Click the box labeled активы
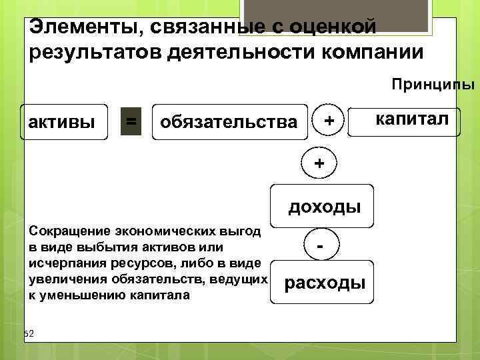click(x=64, y=121)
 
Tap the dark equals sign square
click(x=131, y=121)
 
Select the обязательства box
click(x=229, y=121)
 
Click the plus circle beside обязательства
click(x=327, y=120)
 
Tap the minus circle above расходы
click(x=321, y=245)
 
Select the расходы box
click(x=325, y=283)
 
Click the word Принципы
click(x=433, y=85)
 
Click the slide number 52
click(x=29, y=333)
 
